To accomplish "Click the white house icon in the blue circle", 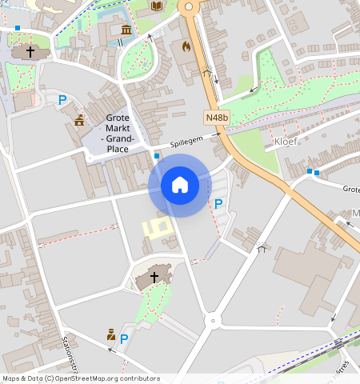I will tap(180, 185).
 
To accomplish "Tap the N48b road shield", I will tap(216, 118).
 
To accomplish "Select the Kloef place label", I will tap(286, 142).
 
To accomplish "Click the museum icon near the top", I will tap(126, 30).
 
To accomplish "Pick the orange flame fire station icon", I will tap(186, 46).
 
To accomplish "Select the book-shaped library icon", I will tap(157, 7).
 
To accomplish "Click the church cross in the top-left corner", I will tap(30, 52).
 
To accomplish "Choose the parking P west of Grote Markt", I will tap(62, 100).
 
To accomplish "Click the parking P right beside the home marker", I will tap(218, 204).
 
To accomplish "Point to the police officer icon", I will tap(111, 334).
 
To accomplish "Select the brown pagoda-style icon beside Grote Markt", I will tap(79, 121).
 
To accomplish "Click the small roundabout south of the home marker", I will tap(212, 321).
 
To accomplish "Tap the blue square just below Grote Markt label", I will tap(157, 155).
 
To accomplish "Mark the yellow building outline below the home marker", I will tap(158, 227).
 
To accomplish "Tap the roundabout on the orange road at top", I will tap(190, 7).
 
